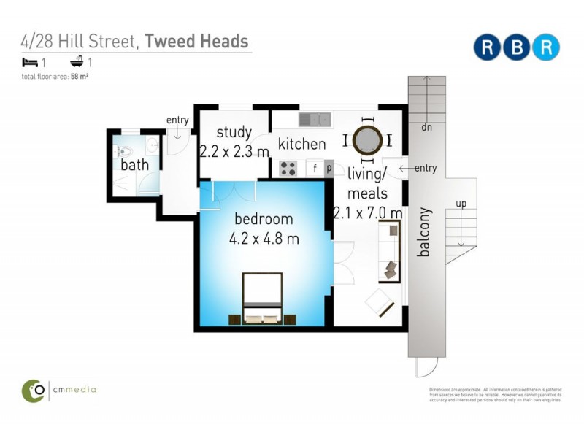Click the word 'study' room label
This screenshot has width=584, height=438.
click(234, 133)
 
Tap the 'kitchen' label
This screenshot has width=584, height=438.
click(301, 144)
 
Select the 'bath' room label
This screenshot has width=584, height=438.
click(134, 165)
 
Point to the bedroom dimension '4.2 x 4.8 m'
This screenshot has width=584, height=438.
click(263, 238)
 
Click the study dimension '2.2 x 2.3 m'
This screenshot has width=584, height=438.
click(234, 151)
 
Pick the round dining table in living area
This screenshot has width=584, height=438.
click(367, 138)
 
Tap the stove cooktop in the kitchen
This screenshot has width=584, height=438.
click(288, 169)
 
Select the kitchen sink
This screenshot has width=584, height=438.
click(315, 118)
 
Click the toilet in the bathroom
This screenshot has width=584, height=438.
click(123, 153)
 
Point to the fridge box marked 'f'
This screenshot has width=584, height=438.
click(315, 169)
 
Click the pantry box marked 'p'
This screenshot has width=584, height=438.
click(328, 169)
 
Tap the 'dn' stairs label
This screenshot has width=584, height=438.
click(426, 126)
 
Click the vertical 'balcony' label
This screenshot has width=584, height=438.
click(423, 233)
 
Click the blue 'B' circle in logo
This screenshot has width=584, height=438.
click(516, 47)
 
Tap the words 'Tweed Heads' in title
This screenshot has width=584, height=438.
click(196, 41)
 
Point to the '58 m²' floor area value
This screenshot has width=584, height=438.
click(80, 75)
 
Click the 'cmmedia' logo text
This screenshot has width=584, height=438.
click(74, 390)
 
